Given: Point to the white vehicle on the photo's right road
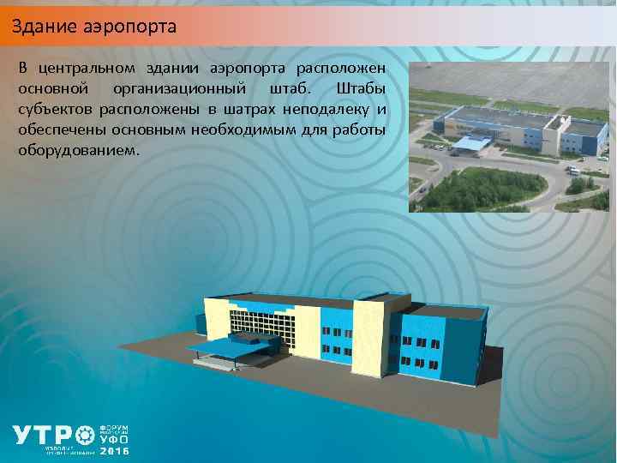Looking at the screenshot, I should coord(572,171).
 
